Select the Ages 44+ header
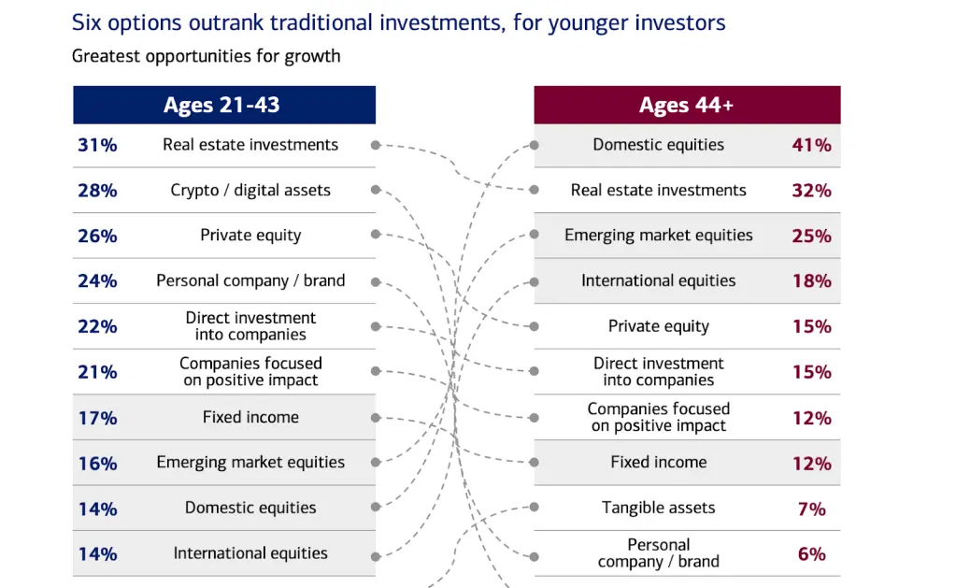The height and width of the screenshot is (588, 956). click(x=687, y=105)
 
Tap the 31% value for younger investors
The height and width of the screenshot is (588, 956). click(x=97, y=145)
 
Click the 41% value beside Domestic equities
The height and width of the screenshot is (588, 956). click(x=811, y=145)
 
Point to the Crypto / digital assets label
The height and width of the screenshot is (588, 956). click(x=250, y=191)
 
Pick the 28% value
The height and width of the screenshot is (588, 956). click(x=97, y=191)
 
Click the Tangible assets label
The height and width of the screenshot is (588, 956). click(x=659, y=508)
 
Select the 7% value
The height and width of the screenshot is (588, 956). click(x=812, y=509)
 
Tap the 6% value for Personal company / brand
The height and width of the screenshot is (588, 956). click(x=812, y=553)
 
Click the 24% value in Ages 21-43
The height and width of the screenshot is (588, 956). click(x=97, y=280)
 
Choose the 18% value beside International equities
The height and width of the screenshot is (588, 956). click(x=811, y=280)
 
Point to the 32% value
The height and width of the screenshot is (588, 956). click(x=811, y=191)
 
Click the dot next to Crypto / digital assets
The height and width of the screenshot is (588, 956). click(x=376, y=190)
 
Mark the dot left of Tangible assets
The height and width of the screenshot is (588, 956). click(x=535, y=507)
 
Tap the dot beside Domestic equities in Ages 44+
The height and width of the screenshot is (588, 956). click(x=535, y=145)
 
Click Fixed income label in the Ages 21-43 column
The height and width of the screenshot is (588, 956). click(x=250, y=417)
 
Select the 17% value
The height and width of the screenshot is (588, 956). click(x=97, y=418)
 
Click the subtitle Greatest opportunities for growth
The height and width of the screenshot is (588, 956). click(x=207, y=56)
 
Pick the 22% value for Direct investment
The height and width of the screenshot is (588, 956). click(x=97, y=326)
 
